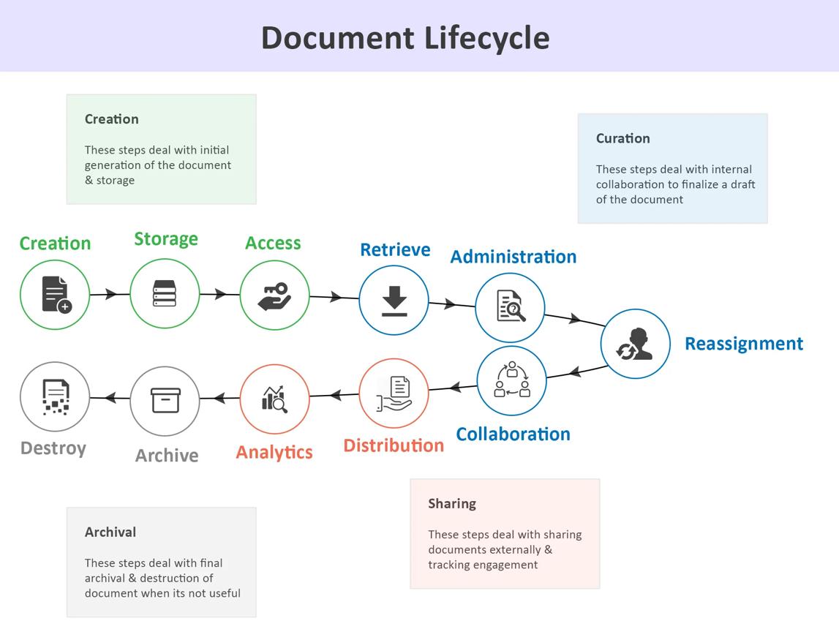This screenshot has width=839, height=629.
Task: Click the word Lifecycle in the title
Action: point(486,38)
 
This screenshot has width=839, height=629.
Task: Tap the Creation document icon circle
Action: point(55,295)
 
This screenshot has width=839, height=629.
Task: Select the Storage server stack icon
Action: point(165,293)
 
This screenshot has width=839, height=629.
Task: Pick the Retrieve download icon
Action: point(394,301)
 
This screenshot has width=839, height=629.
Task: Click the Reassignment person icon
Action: point(635,344)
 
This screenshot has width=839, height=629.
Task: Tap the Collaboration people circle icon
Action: point(512,380)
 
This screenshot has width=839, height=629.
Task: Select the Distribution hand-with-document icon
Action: point(394,394)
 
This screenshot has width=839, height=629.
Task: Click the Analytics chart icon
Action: point(274,399)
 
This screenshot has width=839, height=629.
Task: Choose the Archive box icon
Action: point(165,400)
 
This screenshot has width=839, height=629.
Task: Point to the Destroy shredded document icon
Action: point(56,397)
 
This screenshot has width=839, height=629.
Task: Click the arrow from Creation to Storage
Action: point(110,294)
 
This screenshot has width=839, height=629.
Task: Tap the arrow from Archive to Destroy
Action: point(110,398)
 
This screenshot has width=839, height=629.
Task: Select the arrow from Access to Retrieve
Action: point(334,297)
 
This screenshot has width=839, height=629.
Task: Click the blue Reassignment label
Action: point(744,343)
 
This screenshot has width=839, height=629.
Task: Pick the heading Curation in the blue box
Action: point(622,138)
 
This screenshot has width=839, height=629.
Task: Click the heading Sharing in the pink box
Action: point(452,504)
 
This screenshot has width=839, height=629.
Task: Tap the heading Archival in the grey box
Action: point(110,532)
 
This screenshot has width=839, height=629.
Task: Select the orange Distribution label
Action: point(394,445)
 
